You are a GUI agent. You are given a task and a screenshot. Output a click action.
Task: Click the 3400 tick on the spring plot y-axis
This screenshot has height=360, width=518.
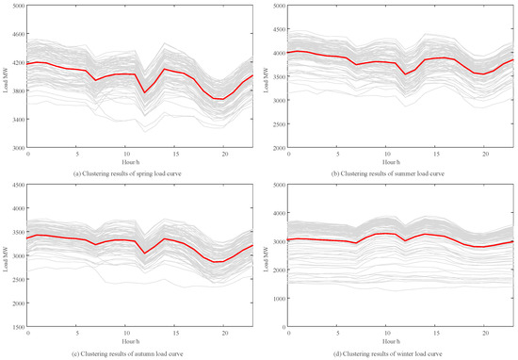[18, 121]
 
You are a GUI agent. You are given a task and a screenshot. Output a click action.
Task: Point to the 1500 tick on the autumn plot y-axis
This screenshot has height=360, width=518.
[18, 327]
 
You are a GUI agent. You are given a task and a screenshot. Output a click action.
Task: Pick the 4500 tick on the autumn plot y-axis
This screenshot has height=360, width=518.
[18, 185]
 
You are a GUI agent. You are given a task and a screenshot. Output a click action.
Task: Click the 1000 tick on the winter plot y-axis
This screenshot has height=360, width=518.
[278, 298]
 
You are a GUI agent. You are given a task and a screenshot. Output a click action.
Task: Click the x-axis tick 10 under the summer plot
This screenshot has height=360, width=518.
[386, 155]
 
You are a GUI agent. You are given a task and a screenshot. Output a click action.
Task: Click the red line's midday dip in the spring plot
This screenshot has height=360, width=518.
[145, 92]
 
